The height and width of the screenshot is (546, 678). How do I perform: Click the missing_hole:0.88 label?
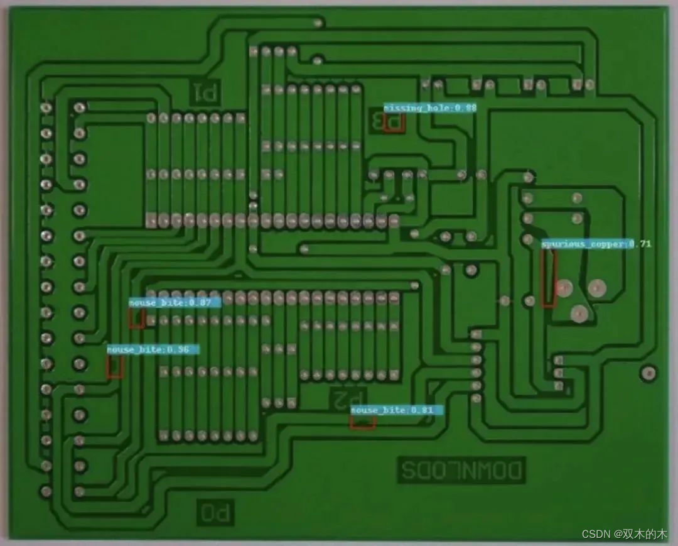[x=430, y=108]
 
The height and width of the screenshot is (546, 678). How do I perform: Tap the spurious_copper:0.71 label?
[x=596, y=244]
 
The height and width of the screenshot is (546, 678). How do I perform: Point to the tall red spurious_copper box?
[x=549, y=278]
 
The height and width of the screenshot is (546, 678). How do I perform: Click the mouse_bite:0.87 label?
[x=175, y=303]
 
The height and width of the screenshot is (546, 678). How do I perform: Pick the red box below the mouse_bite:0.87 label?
[x=137, y=319]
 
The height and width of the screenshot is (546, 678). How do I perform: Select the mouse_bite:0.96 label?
[x=153, y=349]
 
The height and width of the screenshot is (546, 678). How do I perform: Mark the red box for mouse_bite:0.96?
[x=114, y=367]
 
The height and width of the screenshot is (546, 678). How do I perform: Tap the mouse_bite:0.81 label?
[x=397, y=410]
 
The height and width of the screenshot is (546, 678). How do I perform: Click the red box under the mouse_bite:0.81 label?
[x=363, y=423]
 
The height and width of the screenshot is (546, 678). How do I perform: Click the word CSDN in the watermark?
[x=596, y=534]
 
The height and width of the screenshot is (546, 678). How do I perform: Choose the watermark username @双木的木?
[x=640, y=534]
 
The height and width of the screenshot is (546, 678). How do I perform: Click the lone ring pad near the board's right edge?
[x=648, y=373]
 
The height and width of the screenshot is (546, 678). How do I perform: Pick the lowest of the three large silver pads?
[x=578, y=312]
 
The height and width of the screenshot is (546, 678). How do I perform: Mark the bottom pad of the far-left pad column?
[x=46, y=490]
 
